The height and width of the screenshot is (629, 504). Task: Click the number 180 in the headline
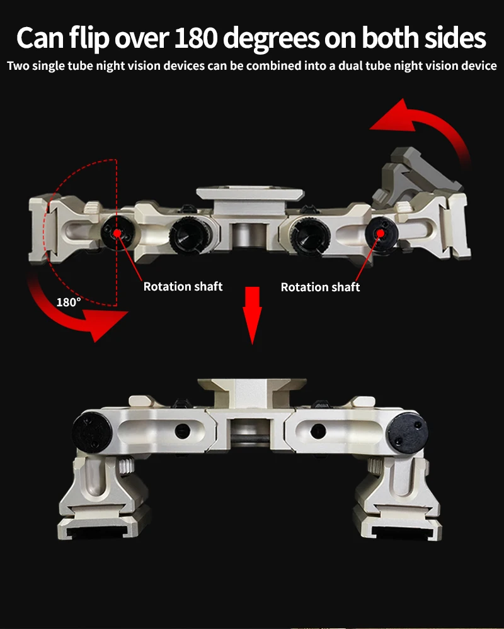(x=196, y=38)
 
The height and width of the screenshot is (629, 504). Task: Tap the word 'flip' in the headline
(x=89, y=39)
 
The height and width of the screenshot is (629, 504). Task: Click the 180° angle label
(x=68, y=302)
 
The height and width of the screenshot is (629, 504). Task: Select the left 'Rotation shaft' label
(x=183, y=286)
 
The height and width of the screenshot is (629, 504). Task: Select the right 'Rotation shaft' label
(x=320, y=287)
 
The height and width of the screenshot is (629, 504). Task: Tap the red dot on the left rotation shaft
(x=117, y=233)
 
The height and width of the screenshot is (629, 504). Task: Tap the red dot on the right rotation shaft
(x=381, y=233)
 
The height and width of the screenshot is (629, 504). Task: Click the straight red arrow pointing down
(x=253, y=315)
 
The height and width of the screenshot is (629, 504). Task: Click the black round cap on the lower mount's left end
(x=92, y=432)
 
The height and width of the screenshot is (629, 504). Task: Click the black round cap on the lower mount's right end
(x=408, y=432)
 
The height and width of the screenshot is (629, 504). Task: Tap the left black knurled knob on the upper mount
(x=190, y=235)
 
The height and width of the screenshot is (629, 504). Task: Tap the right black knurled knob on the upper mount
(x=311, y=235)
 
